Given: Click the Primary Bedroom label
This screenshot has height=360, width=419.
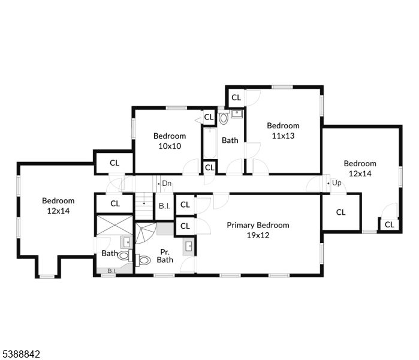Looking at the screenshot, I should click(258, 225).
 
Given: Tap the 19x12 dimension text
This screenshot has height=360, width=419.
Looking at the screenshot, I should click(258, 235).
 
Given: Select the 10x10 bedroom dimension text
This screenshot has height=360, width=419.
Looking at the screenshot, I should click(170, 146).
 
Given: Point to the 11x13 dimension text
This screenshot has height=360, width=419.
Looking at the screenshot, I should click(283, 136).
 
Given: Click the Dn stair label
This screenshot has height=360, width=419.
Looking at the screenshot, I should click(166, 184).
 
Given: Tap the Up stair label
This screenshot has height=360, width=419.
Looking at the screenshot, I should click(336, 183).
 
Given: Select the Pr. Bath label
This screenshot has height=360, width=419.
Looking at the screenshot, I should click(165, 256).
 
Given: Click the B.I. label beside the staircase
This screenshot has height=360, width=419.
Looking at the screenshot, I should click(164, 205).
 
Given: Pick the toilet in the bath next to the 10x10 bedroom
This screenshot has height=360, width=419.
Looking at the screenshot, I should click(224, 118).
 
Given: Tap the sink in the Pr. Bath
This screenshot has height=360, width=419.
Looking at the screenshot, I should click(189, 245).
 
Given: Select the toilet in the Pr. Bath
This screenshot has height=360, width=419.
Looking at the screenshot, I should click(143, 260).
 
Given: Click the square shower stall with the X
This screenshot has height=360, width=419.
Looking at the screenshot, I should click(114, 226).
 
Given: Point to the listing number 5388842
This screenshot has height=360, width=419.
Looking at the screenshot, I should click(20, 354).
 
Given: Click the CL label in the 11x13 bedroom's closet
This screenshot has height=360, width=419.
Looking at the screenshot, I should click(236, 97).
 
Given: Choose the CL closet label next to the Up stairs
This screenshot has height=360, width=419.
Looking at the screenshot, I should click(340, 212).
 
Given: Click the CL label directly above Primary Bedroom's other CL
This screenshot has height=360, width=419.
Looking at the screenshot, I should click(185, 205).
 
